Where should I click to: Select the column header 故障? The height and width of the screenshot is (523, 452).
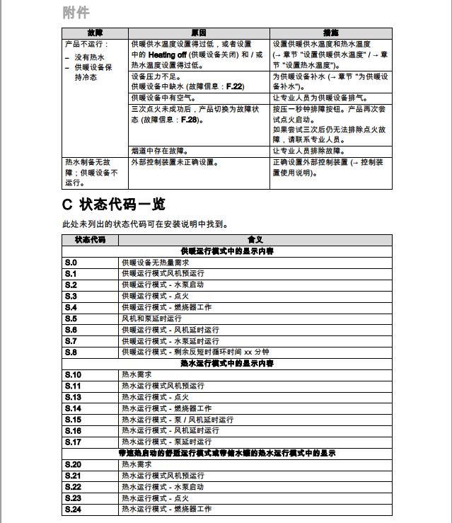[95, 33]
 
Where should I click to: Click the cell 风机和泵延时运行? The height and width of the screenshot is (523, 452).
[151, 318]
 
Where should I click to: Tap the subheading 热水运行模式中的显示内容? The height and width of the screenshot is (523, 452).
[227, 363]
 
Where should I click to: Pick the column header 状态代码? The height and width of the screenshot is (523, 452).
[90, 240]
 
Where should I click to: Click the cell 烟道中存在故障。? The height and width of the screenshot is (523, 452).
[159, 151]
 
